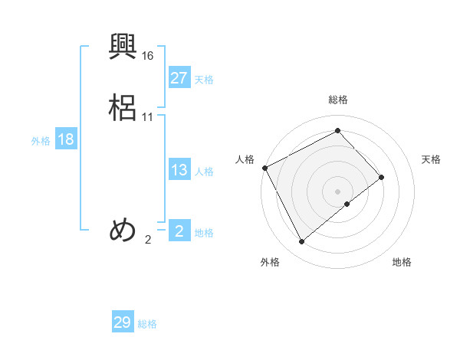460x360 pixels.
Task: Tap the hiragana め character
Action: tap(123, 231)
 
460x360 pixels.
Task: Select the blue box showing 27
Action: tap(179, 78)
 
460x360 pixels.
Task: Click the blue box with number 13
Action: tap(179, 170)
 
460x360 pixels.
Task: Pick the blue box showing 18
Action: tap(65, 139)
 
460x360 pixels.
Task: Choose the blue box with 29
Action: tap(122, 322)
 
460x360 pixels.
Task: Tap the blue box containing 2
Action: tap(179, 231)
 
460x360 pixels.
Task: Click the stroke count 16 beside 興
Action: tap(148, 56)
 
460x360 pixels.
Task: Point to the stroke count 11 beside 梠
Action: tap(148, 117)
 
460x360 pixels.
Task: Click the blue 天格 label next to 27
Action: tap(204, 80)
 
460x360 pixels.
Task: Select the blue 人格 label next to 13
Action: tap(204, 172)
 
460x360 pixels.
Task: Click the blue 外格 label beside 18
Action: tap(40, 141)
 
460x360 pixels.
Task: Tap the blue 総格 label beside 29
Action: tap(147, 324)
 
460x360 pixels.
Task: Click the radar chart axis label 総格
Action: tap(338, 100)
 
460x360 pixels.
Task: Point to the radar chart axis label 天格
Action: tap(431, 159)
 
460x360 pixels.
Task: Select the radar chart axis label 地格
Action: tap(402, 262)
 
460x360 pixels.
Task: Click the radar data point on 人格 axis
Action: tap(264, 168)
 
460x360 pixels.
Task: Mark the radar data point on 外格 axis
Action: tap(302, 242)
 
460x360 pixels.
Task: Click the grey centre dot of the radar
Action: tap(338, 191)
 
